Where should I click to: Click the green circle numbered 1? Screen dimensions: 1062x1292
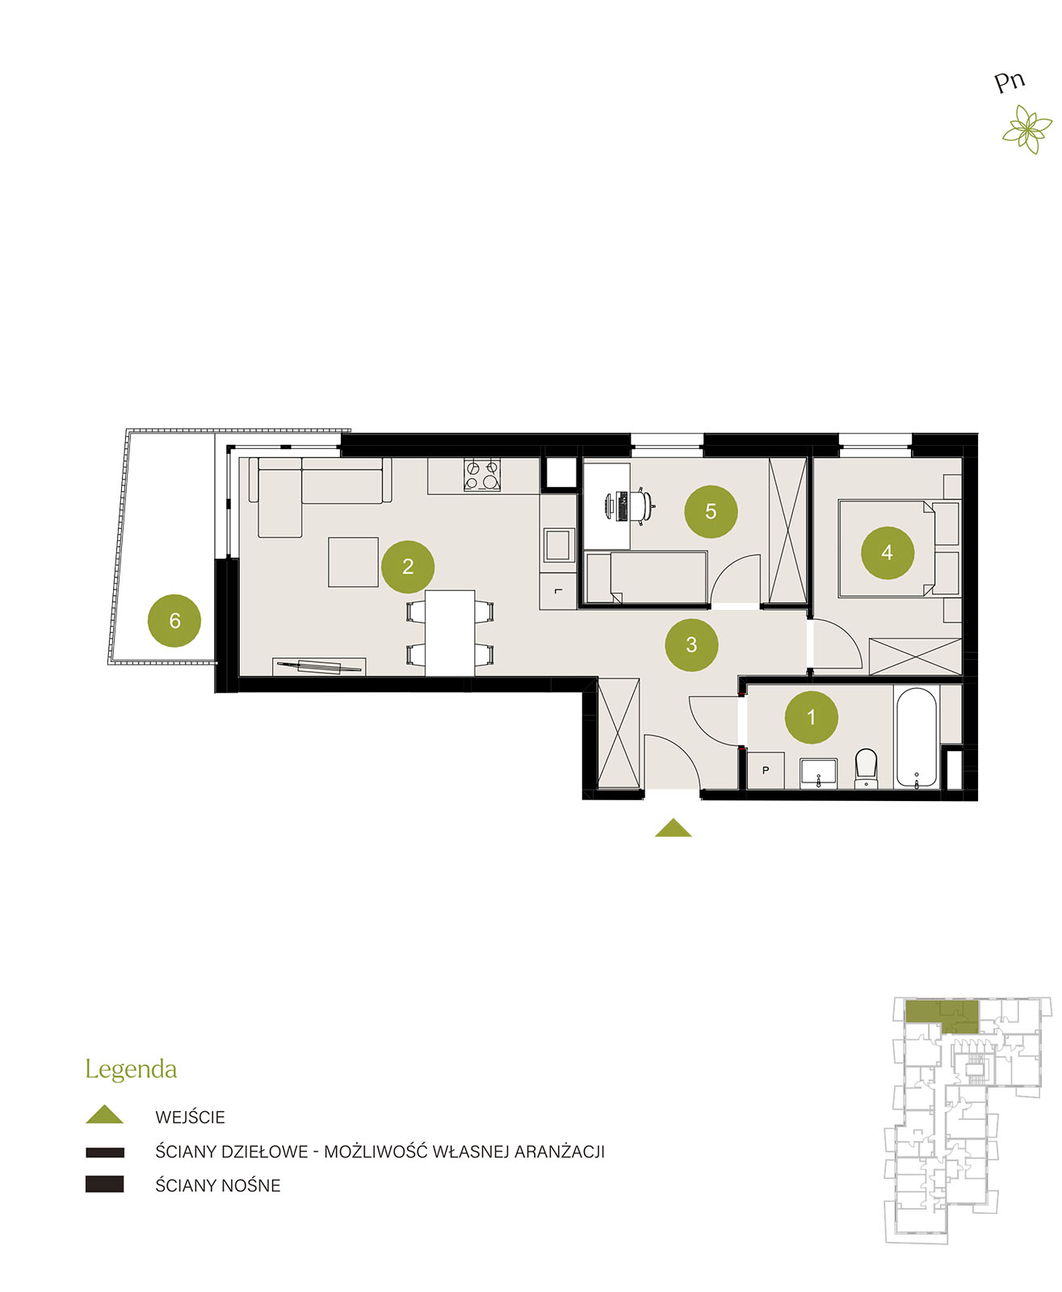tap(811, 717)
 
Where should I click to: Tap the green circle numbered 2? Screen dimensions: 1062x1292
tap(408, 567)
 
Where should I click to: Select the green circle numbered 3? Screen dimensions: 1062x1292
tap(691, 644)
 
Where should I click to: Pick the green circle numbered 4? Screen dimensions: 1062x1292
tap(888, 552)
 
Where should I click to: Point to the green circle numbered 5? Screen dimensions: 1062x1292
tap(711, 511)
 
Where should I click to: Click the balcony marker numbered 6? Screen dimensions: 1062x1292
tap(174, 621)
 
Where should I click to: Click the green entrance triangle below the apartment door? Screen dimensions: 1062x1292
tap(673, 828)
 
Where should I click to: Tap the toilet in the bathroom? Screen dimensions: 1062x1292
tap(866, 769)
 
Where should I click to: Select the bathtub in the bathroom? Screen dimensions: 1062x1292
tap(916, 737)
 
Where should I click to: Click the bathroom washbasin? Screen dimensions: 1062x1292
tap(818, 773)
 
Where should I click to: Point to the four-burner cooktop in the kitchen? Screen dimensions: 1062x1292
tap(481, 476)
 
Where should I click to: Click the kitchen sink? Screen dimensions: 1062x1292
tap(557, 545)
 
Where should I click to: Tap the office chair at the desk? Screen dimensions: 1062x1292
tap(643, 506)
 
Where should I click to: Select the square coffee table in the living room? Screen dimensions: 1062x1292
tap(353, 562)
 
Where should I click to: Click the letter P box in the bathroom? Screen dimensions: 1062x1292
tap(766, 770)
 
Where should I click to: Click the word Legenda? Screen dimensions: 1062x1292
tap(131, 1070)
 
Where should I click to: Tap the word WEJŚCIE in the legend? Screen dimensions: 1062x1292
tap(190, 1118)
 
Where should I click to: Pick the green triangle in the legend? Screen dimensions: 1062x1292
tap(105, 1114)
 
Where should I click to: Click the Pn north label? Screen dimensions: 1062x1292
tap(1009, 82)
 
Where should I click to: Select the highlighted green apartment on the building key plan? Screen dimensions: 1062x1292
tap(941, 1017)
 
